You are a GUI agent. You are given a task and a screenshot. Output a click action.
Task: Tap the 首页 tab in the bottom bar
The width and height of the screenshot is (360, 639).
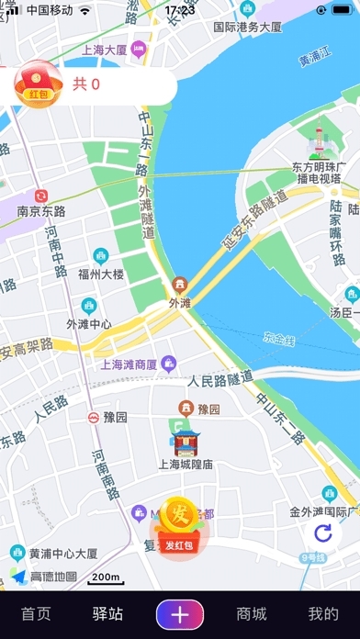coord(36,614)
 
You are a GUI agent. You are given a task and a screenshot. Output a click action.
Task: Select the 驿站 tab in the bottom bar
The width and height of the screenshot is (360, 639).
coord(107,614)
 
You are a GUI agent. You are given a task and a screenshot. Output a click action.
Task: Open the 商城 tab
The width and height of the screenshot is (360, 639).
coord(251,614)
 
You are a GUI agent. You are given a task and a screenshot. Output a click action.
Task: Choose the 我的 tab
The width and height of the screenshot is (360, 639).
coord(322,614)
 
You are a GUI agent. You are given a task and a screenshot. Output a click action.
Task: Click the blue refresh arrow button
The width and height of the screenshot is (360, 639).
coord(322,534)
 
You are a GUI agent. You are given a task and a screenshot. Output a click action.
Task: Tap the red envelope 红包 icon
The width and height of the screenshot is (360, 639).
coord(38,84)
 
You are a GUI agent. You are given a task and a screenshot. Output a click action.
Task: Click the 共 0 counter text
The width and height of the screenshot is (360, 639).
coord(86,85)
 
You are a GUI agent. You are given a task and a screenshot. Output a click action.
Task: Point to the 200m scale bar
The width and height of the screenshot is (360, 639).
coord(106,577)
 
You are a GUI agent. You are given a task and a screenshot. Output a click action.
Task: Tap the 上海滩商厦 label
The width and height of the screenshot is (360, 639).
coord(128,364)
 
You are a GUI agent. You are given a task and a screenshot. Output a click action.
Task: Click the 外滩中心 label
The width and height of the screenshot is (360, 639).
coord(89,323)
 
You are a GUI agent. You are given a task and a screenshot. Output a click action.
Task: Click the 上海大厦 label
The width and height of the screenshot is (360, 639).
coord(104,50)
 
